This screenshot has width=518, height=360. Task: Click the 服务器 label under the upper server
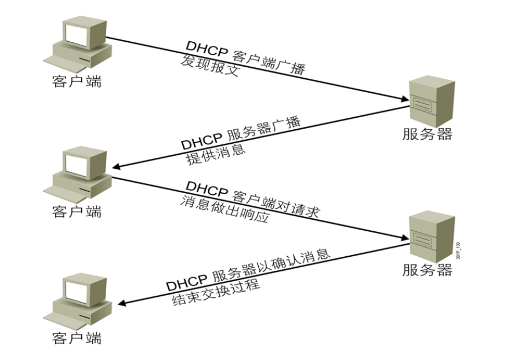coord(427,135)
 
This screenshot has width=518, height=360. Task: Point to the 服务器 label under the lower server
coord(427,270)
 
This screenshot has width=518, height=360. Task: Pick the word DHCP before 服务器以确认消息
coord(186,283)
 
